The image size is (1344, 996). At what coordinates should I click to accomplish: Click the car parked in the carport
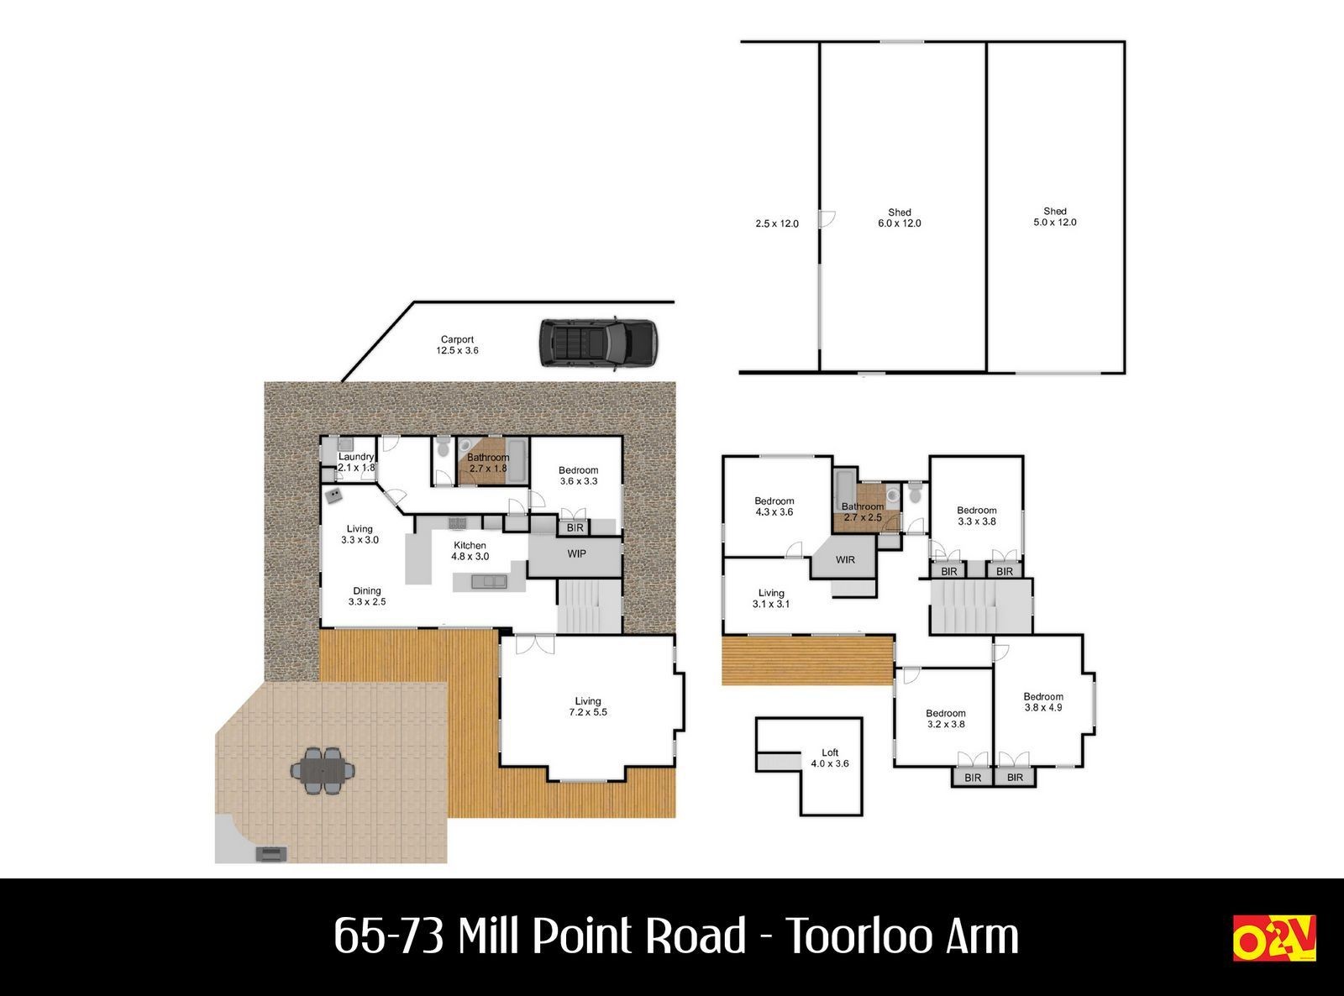pyautogui.click(x=597, y=343)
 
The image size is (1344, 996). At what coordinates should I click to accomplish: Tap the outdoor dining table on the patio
pyautogui.click(x=323, y=771)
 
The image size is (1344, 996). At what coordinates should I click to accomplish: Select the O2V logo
pyautogui.click(x=1273, y=937)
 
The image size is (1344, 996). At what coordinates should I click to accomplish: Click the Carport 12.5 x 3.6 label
pyautogui.click(x=457, y=344)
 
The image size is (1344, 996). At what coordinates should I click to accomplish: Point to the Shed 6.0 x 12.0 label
pyautogui.click(x=900, y=218)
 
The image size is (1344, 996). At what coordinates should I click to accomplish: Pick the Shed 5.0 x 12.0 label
pyautogui.click(x=1055, y=217)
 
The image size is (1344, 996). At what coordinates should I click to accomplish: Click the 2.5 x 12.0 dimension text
pyautogui.click(x=777, y=223)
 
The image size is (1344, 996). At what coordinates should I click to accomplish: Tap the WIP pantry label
pyautogui.click(x=576, y=553)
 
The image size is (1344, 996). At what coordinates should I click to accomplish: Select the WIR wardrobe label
pyautogui.click(x=845, y=560)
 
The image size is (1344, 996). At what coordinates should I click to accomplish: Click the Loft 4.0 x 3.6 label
pyautogui.click(x=830, y=757)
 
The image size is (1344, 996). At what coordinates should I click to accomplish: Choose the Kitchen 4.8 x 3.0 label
pyautogui.click(x=470, y=551)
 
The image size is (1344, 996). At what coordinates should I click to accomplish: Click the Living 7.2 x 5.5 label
pyautogui.click(x=588, y=706)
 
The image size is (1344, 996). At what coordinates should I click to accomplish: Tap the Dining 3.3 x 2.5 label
pyautogui.click(x=366, y=596)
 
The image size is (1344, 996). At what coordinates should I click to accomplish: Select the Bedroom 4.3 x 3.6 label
pyautogui.click(x=774, y=506)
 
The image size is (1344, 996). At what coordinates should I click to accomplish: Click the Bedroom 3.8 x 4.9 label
pyautogui.click(x=1042, y=701)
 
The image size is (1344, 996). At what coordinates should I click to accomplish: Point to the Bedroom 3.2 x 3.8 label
pyautogui.click(x=945, y=719)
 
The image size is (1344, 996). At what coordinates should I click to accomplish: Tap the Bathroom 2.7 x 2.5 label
pyautogui.click(x=863, y=512)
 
